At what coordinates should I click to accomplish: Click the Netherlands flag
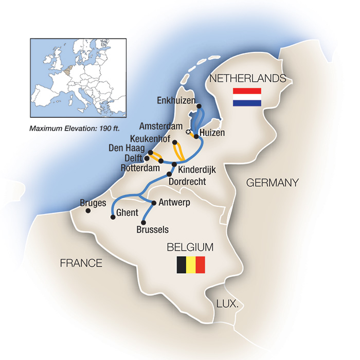pos(247,97)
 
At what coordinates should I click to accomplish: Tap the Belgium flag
pos(191,265)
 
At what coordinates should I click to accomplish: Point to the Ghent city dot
pos(113,217)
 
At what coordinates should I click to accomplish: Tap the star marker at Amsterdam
pos(189,133)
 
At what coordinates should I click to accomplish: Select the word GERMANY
pos(272,183)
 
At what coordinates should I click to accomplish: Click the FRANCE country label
pos(81,263)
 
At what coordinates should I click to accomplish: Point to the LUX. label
pos(227,304)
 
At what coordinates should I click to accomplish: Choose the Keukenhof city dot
pos(175,142)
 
